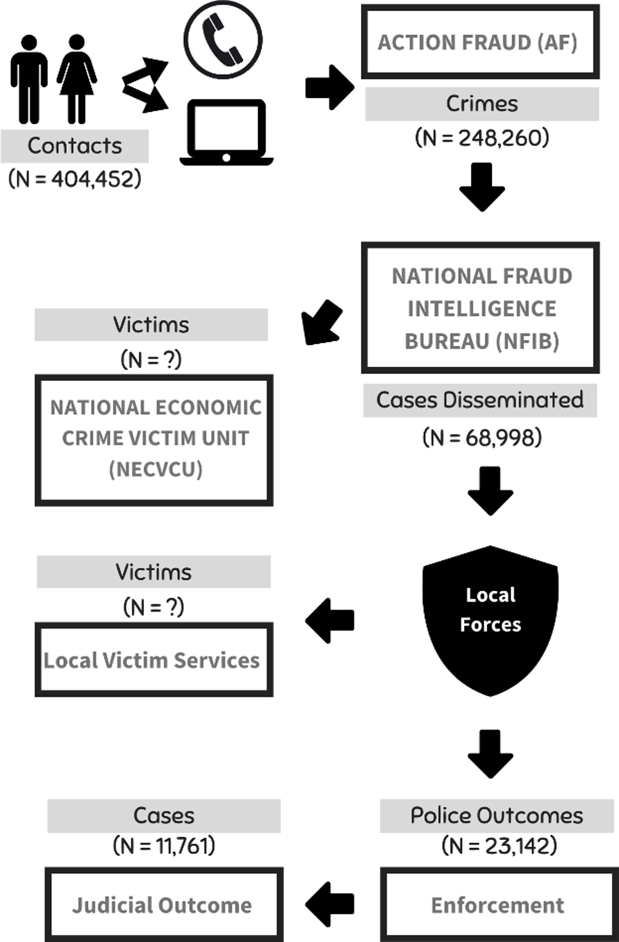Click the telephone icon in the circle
[x=223, y=39]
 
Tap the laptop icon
[x=227, y=132]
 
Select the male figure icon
[x=29, y=79]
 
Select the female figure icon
[x=76, y=79]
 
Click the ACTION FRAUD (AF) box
[x=480, y=41]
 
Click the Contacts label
[x=74, y=146]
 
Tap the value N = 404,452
[x=75, y=179]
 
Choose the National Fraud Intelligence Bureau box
[x=480, y=308]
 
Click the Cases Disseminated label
[x=480, y=400]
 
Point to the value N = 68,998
[x=482, y=437]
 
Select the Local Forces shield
[x=490, y=620]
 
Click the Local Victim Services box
[x=154, y=660]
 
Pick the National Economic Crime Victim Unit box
[x=154, y=440]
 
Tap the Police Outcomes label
[x=497, y=816]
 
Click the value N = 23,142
[x=499, y=846]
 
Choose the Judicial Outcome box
[x=164, y=905]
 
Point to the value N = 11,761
[x=164, y=846]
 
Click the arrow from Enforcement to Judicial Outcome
[x=330, y=905]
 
